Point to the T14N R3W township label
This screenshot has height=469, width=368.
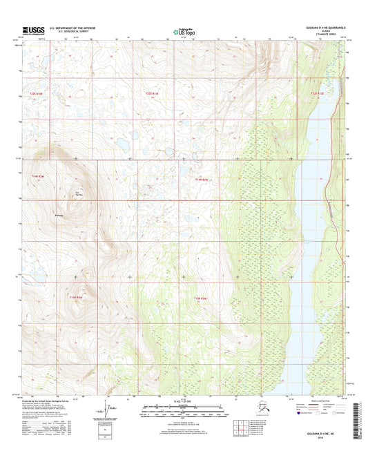[x=37, y=177]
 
